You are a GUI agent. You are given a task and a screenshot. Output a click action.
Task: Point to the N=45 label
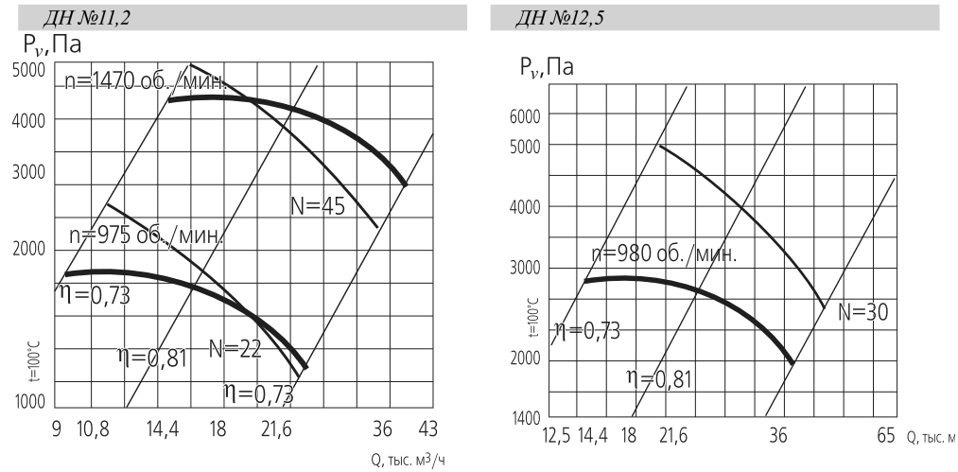click(x=318, y=205)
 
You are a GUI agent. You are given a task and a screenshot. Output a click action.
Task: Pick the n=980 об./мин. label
click(x=663, y=253)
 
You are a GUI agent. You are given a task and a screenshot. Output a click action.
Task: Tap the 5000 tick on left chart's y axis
click(x=29, y=69)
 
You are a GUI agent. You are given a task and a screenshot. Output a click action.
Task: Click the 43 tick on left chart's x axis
click(x=428, y=429)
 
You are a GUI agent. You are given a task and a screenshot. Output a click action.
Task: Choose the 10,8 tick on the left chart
click(x=92, y=429)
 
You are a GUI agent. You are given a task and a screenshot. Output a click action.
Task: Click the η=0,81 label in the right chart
click(x=659, y=379)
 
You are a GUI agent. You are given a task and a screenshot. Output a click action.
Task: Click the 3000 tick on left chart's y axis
click(x=29, y=173)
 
